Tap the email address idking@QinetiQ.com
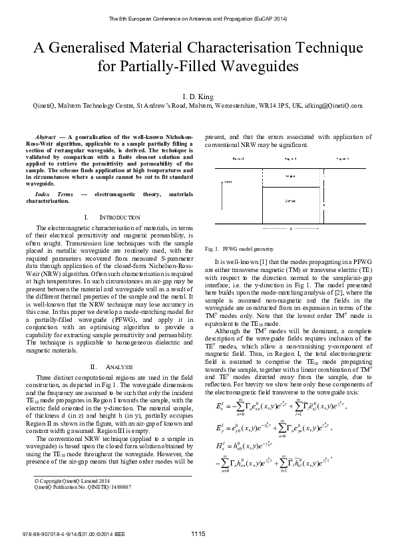coord(335,105)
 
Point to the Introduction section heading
coord(112,217)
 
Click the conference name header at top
coord(198,19)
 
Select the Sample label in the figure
coord(290,200)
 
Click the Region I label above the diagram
coord(238,160)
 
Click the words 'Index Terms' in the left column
coord(54,194)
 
